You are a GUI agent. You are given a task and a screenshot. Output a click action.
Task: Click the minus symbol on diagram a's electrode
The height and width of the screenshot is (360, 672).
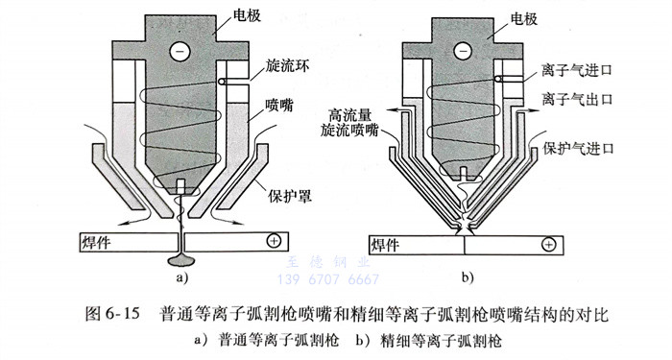coord(180,52)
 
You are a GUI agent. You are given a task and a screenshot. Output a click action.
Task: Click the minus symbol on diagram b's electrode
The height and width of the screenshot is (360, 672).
coord(463,52)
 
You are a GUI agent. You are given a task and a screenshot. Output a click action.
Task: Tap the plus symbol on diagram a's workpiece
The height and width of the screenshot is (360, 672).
coord(274,241)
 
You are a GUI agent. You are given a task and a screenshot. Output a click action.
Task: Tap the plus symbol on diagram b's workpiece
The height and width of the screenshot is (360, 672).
coord(548,245)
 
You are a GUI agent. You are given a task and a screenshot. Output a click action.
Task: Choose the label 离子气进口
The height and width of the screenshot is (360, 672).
coord(577,70)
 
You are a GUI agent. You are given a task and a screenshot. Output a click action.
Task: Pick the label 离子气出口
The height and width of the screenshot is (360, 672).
coord(577,99)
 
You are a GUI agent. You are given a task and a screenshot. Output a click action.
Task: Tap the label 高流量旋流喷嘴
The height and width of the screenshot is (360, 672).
coord(349,123)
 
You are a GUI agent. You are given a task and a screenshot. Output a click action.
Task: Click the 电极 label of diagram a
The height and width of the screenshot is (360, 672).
coord(247,15)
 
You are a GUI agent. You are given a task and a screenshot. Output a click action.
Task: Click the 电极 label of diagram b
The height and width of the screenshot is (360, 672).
coord(524,18)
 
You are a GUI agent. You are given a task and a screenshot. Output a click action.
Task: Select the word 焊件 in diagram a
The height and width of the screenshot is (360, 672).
coord(96,243)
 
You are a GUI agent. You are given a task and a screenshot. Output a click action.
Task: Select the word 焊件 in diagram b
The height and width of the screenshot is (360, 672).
coord(385,246)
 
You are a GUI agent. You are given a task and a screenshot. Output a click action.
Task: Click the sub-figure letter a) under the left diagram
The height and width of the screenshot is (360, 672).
coord(182,277)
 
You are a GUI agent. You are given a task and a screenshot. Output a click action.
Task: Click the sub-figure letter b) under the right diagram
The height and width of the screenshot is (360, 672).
coord(468,277)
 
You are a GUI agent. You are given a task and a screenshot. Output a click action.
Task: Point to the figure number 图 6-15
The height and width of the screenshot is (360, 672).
coord(112,314)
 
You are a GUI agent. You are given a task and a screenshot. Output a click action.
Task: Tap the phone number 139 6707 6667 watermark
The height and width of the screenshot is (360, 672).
coord(328,279)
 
